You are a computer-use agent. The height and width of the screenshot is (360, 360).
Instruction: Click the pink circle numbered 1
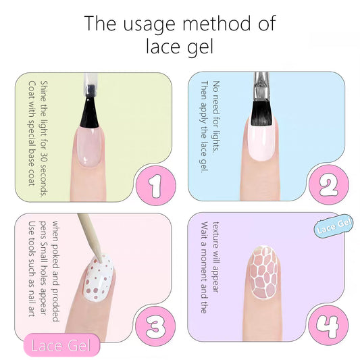156,186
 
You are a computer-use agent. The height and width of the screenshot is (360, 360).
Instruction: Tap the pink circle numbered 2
329,185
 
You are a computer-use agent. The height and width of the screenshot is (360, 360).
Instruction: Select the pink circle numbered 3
155,326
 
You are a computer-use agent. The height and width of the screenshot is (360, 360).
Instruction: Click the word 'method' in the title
217,24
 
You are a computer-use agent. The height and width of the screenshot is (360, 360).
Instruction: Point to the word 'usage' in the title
149,25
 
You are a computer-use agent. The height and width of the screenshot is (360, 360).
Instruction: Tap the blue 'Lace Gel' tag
334,225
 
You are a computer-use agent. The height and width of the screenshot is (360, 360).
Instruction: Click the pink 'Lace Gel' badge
61,345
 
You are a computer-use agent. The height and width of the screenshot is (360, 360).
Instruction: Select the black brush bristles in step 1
89,112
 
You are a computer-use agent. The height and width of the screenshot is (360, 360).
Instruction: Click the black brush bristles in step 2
262,113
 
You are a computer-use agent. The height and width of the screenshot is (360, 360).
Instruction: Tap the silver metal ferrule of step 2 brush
261,86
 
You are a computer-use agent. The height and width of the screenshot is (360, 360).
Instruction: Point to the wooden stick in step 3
90,238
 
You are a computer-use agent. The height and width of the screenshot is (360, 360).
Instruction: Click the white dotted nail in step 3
99,278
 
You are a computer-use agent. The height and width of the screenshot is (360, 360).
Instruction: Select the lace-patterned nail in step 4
263,272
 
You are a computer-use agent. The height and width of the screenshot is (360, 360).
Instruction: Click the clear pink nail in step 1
89,147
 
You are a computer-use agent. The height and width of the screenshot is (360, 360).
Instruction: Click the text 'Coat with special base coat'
32,133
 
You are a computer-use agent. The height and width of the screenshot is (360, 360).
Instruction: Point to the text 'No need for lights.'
216,116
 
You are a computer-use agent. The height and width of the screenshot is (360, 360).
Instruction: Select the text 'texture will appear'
216,257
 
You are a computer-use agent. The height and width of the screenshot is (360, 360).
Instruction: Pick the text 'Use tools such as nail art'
32,269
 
